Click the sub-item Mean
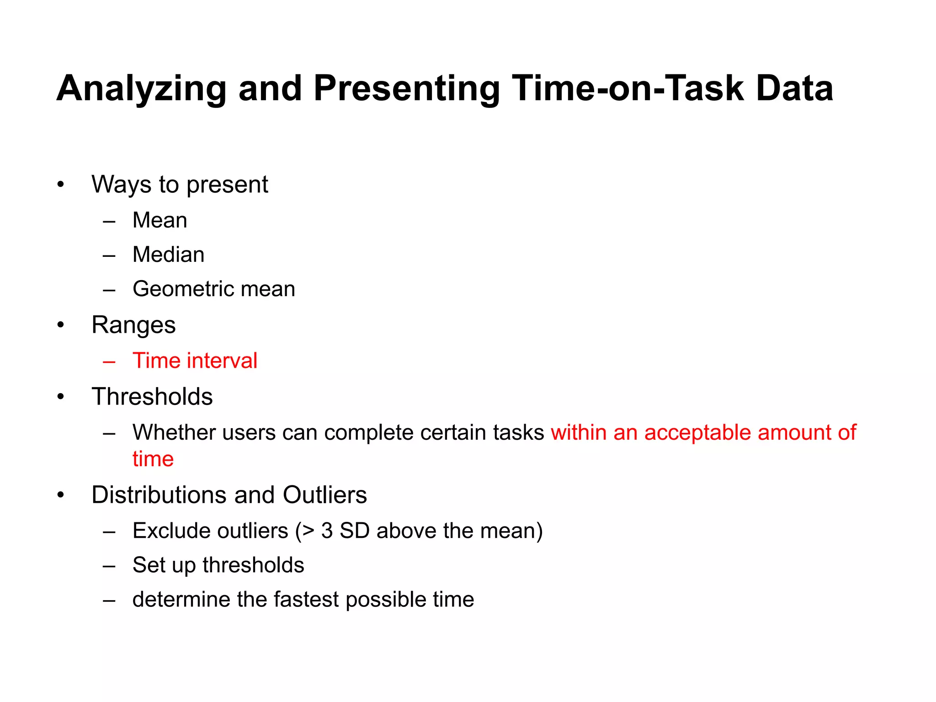click(160, 220)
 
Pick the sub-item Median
click(168, 255)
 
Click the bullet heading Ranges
click(133, 325)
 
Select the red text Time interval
click(195, 361)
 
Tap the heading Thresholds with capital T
click(152, 396)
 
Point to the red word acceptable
click(697, 433)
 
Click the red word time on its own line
click(153, 459)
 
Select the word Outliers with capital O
click(324, 495)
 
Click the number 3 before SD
click(327, 531)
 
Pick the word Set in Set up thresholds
click(148, 565)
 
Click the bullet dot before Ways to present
click(61, 185)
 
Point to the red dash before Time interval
click(109, 362)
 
